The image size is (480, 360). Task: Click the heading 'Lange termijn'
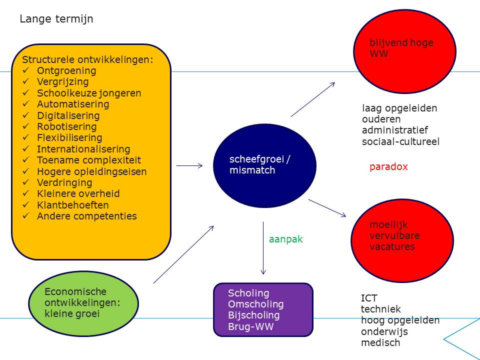click(x=56, y=19)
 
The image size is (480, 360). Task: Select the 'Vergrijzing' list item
click(x=63, y=81)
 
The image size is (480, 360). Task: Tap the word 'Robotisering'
click(x=66, y=126)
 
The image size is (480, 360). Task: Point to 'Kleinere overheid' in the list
click(x=78, y=193)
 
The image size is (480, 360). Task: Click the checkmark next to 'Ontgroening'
click(x=25, y=70)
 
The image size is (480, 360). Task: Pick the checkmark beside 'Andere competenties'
click(x=25, y=216)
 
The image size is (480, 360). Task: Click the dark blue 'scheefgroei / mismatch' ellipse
click(x=264, y=165)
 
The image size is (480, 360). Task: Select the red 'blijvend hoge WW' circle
click(x=404, y=51)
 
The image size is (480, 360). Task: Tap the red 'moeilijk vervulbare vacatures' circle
click(x=402, y=240)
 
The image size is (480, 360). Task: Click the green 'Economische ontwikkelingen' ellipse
click(x=83, y=303)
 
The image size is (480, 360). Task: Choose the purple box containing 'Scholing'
click(x=263, y=309)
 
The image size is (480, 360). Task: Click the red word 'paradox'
click(x=388, y=167)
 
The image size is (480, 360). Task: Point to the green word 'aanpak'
click(x=285, y=239)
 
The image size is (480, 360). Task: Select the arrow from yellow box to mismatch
click(x=189, y=165)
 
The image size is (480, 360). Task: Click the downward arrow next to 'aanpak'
click(x=263, y=248)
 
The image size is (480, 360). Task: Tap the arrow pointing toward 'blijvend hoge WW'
click(x=313, y=99)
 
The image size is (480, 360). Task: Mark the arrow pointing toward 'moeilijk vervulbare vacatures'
click(x=327, y=208)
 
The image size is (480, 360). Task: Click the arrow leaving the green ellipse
click(x=183, y=254)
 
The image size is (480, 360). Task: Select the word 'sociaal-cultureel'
click(x=400, y=141)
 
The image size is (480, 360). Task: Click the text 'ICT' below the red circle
click(x=369, y=298)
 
